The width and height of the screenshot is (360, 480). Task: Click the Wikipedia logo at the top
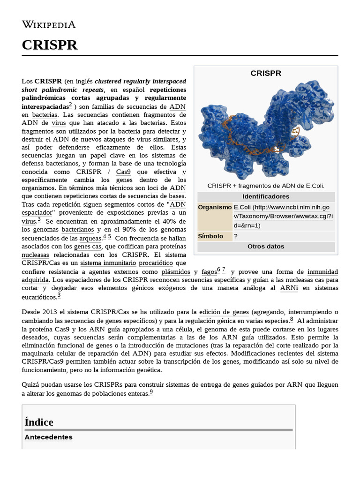tap(49, 24)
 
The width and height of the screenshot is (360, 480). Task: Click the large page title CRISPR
tap(50, 45)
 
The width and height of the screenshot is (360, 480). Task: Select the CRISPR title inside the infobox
tap(266, 73)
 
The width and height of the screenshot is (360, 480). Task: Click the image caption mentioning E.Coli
tap(266, 186)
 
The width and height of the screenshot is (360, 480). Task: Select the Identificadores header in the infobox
tap(266, 196)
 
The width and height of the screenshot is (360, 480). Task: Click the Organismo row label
tap(215, 207)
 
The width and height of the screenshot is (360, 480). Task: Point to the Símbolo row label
tap(210, 236)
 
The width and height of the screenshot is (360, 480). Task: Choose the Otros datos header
tap(266, 247)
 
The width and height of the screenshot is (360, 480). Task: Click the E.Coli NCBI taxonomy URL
tap(283, 216)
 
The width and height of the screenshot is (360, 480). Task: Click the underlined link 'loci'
tap(153, 187)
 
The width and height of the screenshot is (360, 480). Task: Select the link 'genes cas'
tap(88, 246)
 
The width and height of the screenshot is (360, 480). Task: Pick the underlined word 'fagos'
tap(209, 271)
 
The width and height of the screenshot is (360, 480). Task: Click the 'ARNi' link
tap(289, 288)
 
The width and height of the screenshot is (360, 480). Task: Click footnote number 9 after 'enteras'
tap(151, 392)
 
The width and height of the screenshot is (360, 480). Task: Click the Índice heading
tap(39, 422)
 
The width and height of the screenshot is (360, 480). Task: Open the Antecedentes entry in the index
tap(48, 437)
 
